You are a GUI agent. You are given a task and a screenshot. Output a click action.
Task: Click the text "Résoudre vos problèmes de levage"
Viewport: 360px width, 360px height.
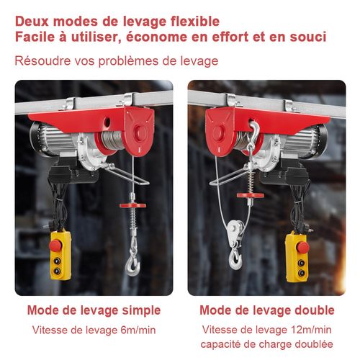point(116,60)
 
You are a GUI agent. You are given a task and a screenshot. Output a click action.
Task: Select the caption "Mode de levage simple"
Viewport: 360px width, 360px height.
point(94,310)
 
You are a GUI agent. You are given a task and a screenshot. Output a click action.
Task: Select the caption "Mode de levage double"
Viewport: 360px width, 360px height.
point(266,310)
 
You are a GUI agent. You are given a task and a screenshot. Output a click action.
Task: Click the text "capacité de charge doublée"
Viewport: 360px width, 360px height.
point(266,344)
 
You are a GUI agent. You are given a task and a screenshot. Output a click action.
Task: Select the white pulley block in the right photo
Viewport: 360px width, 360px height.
point(232,232)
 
